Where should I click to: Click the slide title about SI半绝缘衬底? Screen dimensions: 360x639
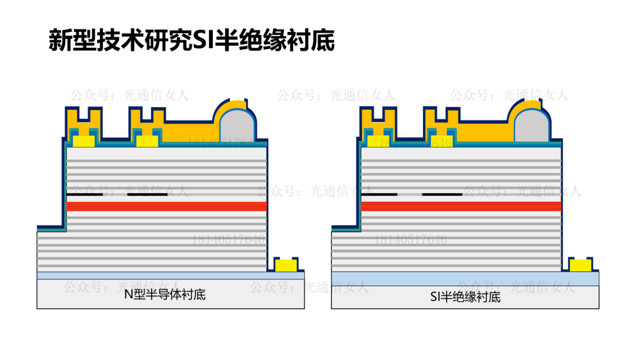pos(191,41)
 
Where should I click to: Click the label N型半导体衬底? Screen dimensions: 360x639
pos(165,294)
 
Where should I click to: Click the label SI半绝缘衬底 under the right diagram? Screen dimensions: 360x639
pos(465,297)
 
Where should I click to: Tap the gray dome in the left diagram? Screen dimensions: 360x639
pos(238,126)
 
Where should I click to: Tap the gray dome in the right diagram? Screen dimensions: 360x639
pos(532,126)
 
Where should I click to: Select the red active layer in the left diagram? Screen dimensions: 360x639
pos(166,206)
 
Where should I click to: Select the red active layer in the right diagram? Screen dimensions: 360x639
pos(461,206)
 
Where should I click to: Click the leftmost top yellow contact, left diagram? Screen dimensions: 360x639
pos(83,142)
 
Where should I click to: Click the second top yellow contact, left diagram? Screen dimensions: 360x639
pos(147,142)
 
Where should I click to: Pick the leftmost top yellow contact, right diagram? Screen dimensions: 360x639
pos(378,142)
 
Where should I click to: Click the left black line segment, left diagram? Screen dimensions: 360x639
pos(84,194)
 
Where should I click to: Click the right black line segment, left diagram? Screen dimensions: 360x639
pos(147,194)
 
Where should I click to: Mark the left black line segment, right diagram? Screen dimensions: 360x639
pos(379,194)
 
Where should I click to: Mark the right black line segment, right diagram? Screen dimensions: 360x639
pos(441,194)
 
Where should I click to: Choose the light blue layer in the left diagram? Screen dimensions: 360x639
pos(170,275)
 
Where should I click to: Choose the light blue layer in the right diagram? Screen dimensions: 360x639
pos(465,278)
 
